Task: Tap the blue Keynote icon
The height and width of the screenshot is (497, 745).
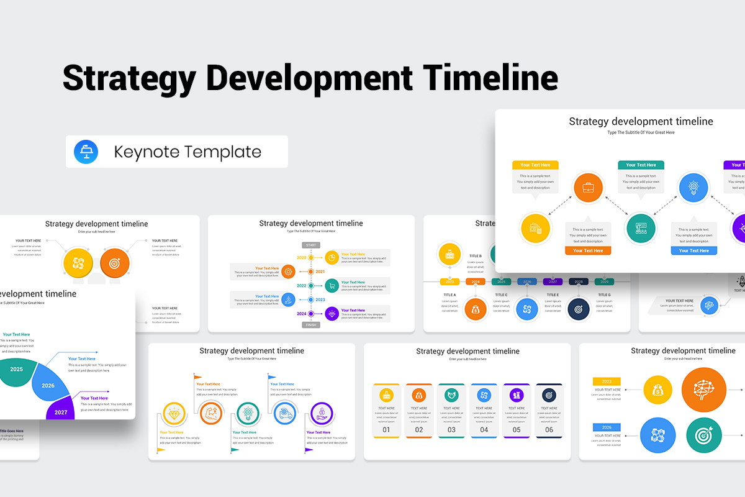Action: (86, 152)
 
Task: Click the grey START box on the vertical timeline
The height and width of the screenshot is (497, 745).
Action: (311, 245)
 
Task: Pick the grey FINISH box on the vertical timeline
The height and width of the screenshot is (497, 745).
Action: (311, 325)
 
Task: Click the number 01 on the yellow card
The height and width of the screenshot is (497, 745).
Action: (386, 429)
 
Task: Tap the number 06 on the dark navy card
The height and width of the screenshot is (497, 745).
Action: (549, 429)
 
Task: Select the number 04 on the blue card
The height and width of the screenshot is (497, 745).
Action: (484, 429)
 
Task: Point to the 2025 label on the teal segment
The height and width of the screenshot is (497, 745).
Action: (17, 369)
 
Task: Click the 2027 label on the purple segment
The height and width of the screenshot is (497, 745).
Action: (61, 412)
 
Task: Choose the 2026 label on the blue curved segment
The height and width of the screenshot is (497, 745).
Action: (48, 386)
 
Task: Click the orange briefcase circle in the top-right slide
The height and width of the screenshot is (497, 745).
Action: (588, 188)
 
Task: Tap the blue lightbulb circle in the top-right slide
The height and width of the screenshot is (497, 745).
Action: (693, 188)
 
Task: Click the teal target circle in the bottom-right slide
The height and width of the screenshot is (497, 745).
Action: (704, 435)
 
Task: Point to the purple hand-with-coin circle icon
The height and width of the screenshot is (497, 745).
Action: (321, 413)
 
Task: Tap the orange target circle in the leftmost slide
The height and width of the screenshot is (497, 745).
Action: (115, 263)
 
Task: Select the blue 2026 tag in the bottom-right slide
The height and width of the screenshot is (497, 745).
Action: (607, 427)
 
